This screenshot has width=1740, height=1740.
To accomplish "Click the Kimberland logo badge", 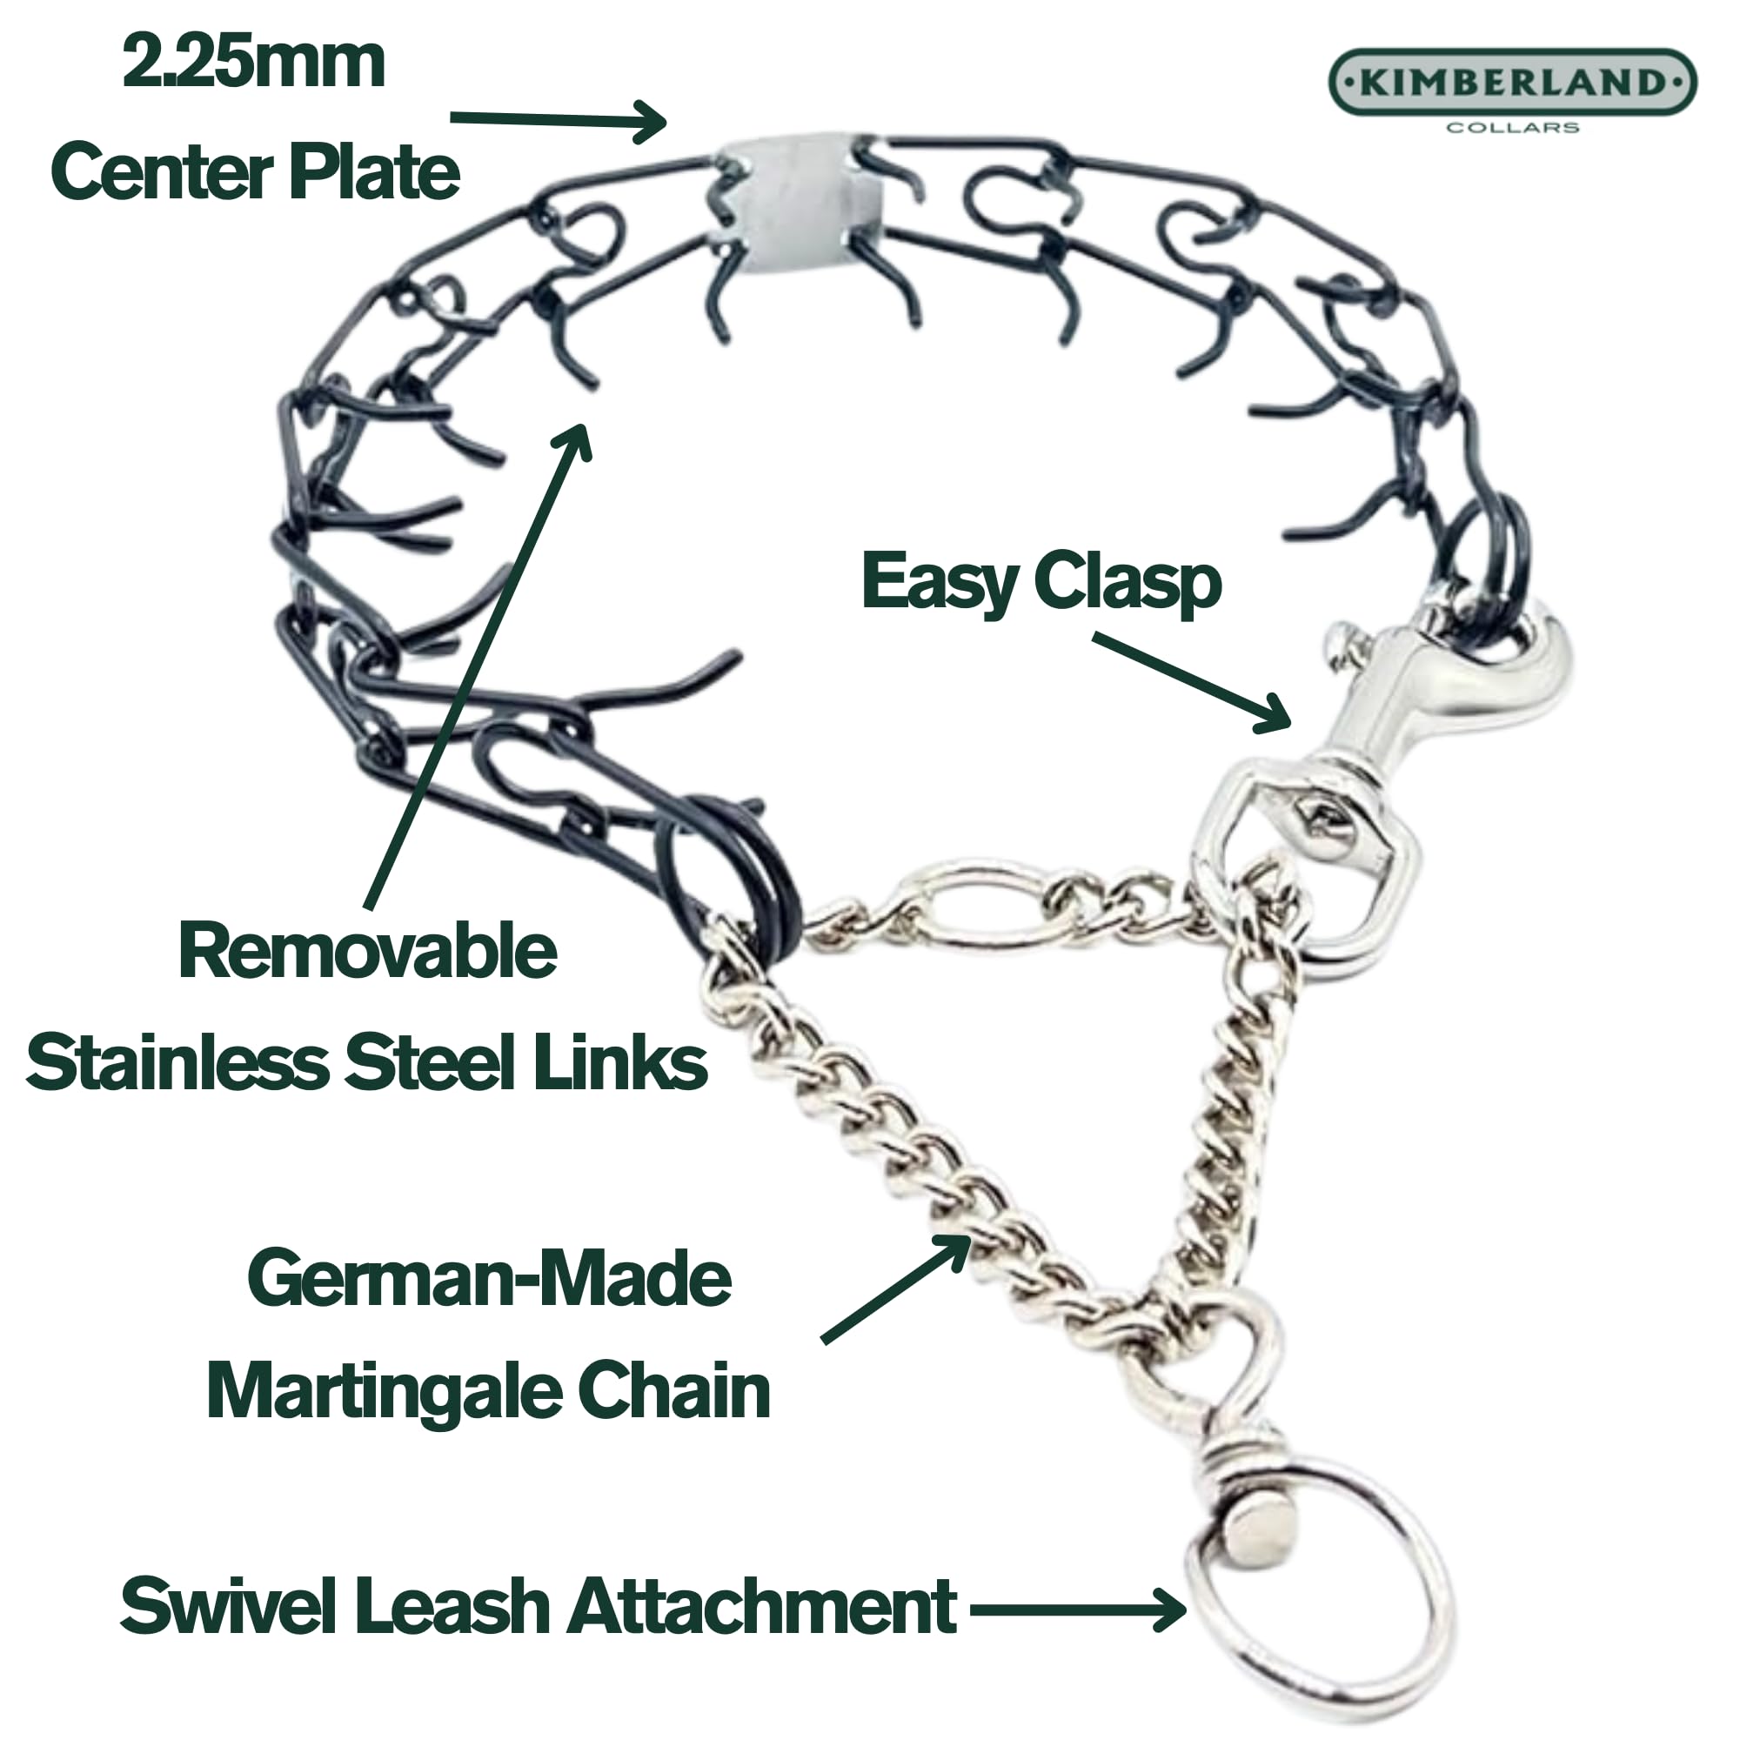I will (x=1512, y=83).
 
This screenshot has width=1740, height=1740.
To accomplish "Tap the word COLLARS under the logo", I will (x=1512, y=128).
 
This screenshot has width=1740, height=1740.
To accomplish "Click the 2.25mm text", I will (x=254, y=63).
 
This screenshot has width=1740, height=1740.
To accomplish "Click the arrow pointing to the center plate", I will (x=559, y=120).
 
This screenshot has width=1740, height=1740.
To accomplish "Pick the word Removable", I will (x=367, y=952).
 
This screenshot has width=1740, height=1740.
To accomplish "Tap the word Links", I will (x=619, y=1063).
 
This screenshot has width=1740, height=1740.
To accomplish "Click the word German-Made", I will (x=489, y=1279).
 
